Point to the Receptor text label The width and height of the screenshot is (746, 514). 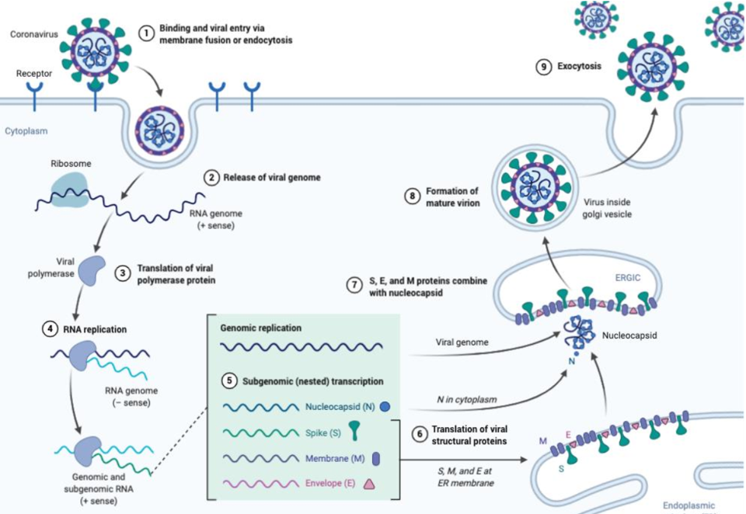[x=34, y=75]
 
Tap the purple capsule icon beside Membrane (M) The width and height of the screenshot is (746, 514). [x=376, y=458]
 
